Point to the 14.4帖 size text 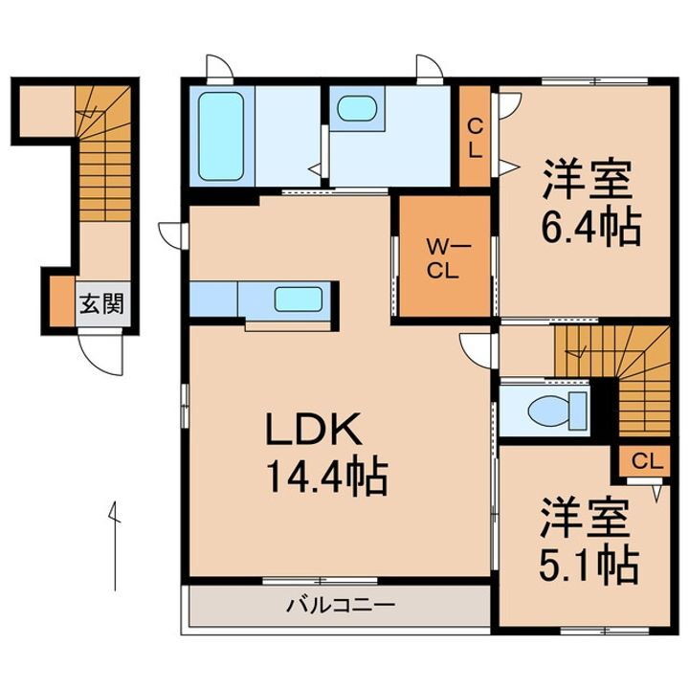coord(324,476)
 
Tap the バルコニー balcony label coord(340,606)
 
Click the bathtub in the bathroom coord(222,137)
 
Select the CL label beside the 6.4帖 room coord(474,137)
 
